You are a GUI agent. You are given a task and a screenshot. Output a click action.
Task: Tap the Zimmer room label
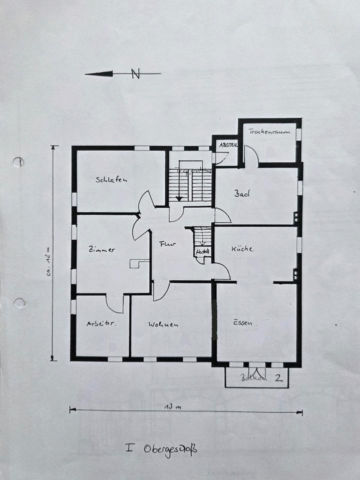point(101,249)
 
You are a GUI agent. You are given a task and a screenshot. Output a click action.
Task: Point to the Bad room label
point(242,193)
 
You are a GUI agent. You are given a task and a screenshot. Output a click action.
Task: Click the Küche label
point(242,248)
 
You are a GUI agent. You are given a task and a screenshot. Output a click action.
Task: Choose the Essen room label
point(242,323)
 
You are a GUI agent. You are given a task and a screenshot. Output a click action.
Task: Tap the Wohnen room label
point(163,324)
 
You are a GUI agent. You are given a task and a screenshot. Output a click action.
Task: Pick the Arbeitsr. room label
point(101,324)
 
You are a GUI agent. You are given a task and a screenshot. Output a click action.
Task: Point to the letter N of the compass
point(135,74)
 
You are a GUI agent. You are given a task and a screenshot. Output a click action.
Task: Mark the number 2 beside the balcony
point(278,377)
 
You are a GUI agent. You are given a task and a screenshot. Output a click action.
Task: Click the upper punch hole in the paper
point(18,162)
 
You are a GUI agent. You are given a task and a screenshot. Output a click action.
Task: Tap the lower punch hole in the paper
point(19,302)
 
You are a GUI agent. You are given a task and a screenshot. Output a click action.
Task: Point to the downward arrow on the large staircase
point(178,197)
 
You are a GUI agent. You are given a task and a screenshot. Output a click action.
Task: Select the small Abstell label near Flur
point(202,251)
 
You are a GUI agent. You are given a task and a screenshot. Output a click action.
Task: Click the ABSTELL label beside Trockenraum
point(227,144)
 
